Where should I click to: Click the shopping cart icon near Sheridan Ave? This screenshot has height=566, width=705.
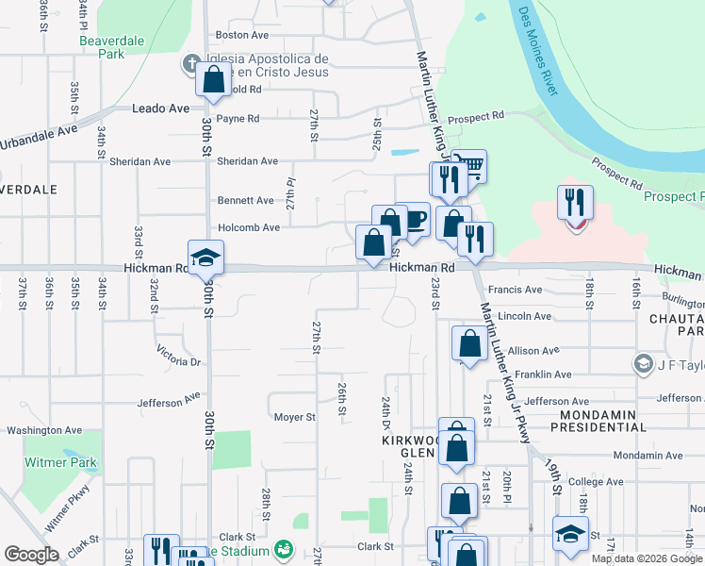point(468,166)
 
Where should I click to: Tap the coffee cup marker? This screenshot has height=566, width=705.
point(412,221)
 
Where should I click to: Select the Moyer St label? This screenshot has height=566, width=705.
point(294,417)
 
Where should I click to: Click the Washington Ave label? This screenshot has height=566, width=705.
point(43,431)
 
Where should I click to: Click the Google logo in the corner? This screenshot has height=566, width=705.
point(31,555)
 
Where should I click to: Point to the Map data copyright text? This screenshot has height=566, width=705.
point(647,558)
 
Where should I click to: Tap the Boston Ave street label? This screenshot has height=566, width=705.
point(237,35)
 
